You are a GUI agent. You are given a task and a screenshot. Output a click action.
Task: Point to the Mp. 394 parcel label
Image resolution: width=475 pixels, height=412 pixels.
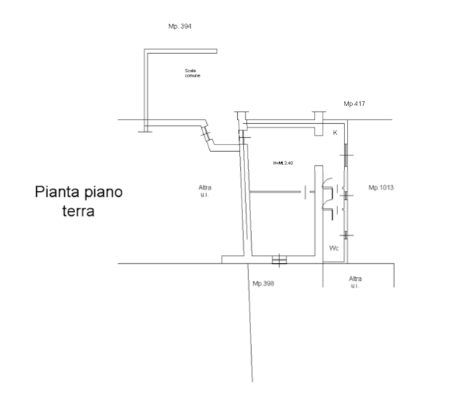click(x=180, y=26)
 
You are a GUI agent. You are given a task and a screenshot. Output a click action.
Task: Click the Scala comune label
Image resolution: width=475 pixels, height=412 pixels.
click(x=192, y=72)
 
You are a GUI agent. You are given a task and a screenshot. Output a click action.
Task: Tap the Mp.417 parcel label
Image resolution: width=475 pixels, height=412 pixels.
click(x=354, y=104)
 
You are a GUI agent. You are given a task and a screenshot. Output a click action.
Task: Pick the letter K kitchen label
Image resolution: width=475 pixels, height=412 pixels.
click(x=335, y=133)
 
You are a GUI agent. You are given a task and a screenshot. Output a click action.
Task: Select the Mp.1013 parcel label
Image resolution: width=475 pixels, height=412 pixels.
click(x=381, y=188)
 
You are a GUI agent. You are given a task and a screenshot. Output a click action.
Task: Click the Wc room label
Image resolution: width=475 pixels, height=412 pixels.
click(x=334, y=248)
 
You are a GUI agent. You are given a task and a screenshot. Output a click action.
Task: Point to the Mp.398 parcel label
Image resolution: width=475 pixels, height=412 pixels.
click(x=263, y=283)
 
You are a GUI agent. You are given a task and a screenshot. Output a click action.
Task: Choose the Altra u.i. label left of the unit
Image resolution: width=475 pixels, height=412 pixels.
click(x=205, y=191)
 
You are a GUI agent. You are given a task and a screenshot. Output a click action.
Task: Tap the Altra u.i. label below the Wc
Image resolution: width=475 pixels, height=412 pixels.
click(x=355, y=281)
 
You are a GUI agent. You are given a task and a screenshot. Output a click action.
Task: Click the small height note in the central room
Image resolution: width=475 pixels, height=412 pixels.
click(x=283, y=162)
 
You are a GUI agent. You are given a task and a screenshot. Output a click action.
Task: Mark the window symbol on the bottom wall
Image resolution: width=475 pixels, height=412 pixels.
click(x=279, y=260)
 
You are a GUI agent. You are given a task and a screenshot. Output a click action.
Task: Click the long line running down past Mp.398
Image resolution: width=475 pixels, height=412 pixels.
click(x=250, y=332)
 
